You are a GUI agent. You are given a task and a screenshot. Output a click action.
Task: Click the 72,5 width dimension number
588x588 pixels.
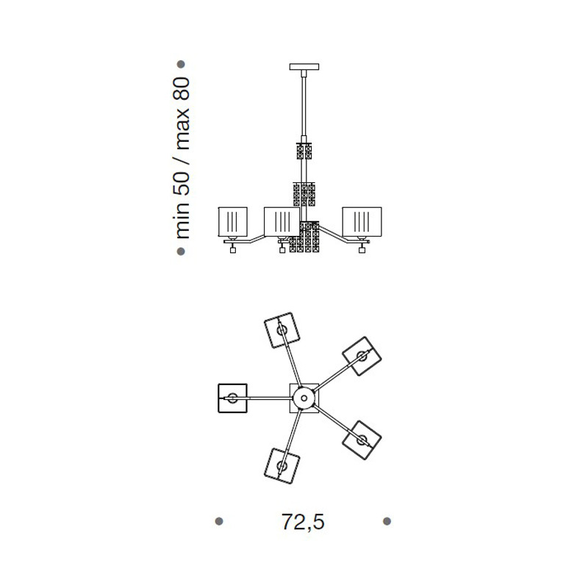[303, 522]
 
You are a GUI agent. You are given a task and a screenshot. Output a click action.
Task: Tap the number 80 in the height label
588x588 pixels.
[182, 89]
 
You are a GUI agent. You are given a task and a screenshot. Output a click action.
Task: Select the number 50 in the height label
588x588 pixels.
[182, 183]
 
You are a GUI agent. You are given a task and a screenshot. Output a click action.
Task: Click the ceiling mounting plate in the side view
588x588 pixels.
[304, 67]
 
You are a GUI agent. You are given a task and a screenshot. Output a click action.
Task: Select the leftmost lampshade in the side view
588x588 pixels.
[233, 222]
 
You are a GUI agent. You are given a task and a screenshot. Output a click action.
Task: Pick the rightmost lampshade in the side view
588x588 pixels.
[362, 222]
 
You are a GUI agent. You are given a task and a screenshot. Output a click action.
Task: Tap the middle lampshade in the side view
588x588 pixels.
[282, 222]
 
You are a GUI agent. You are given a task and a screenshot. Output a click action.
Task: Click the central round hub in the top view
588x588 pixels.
[304, 398]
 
